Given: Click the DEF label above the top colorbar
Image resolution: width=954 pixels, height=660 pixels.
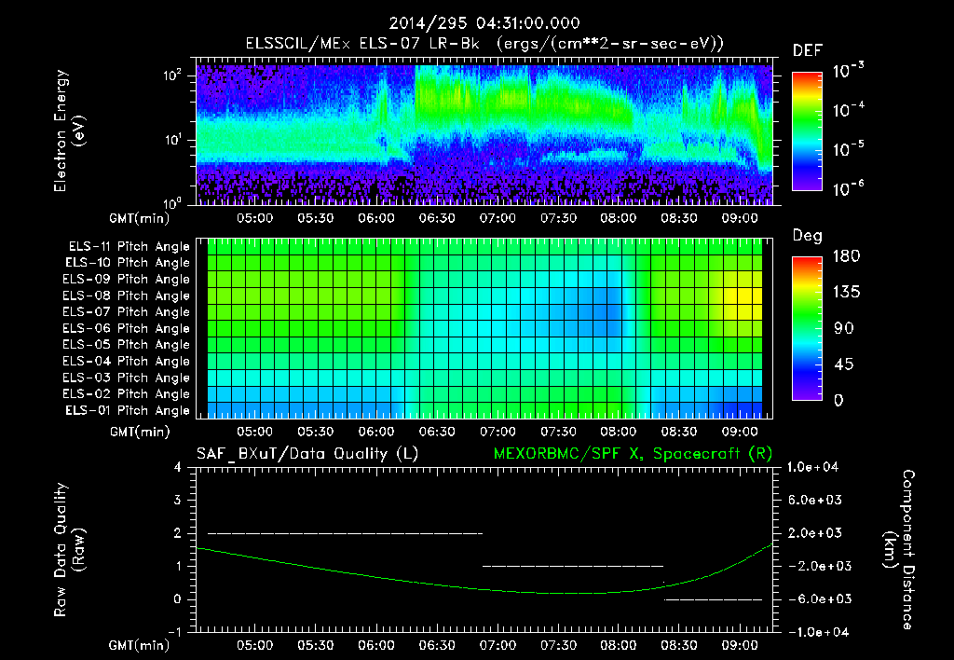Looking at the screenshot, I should click(807, 50).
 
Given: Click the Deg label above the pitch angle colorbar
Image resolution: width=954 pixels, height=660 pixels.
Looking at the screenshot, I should click(807, 236).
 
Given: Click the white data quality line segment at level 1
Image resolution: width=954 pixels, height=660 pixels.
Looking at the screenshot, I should click(572, 566).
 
